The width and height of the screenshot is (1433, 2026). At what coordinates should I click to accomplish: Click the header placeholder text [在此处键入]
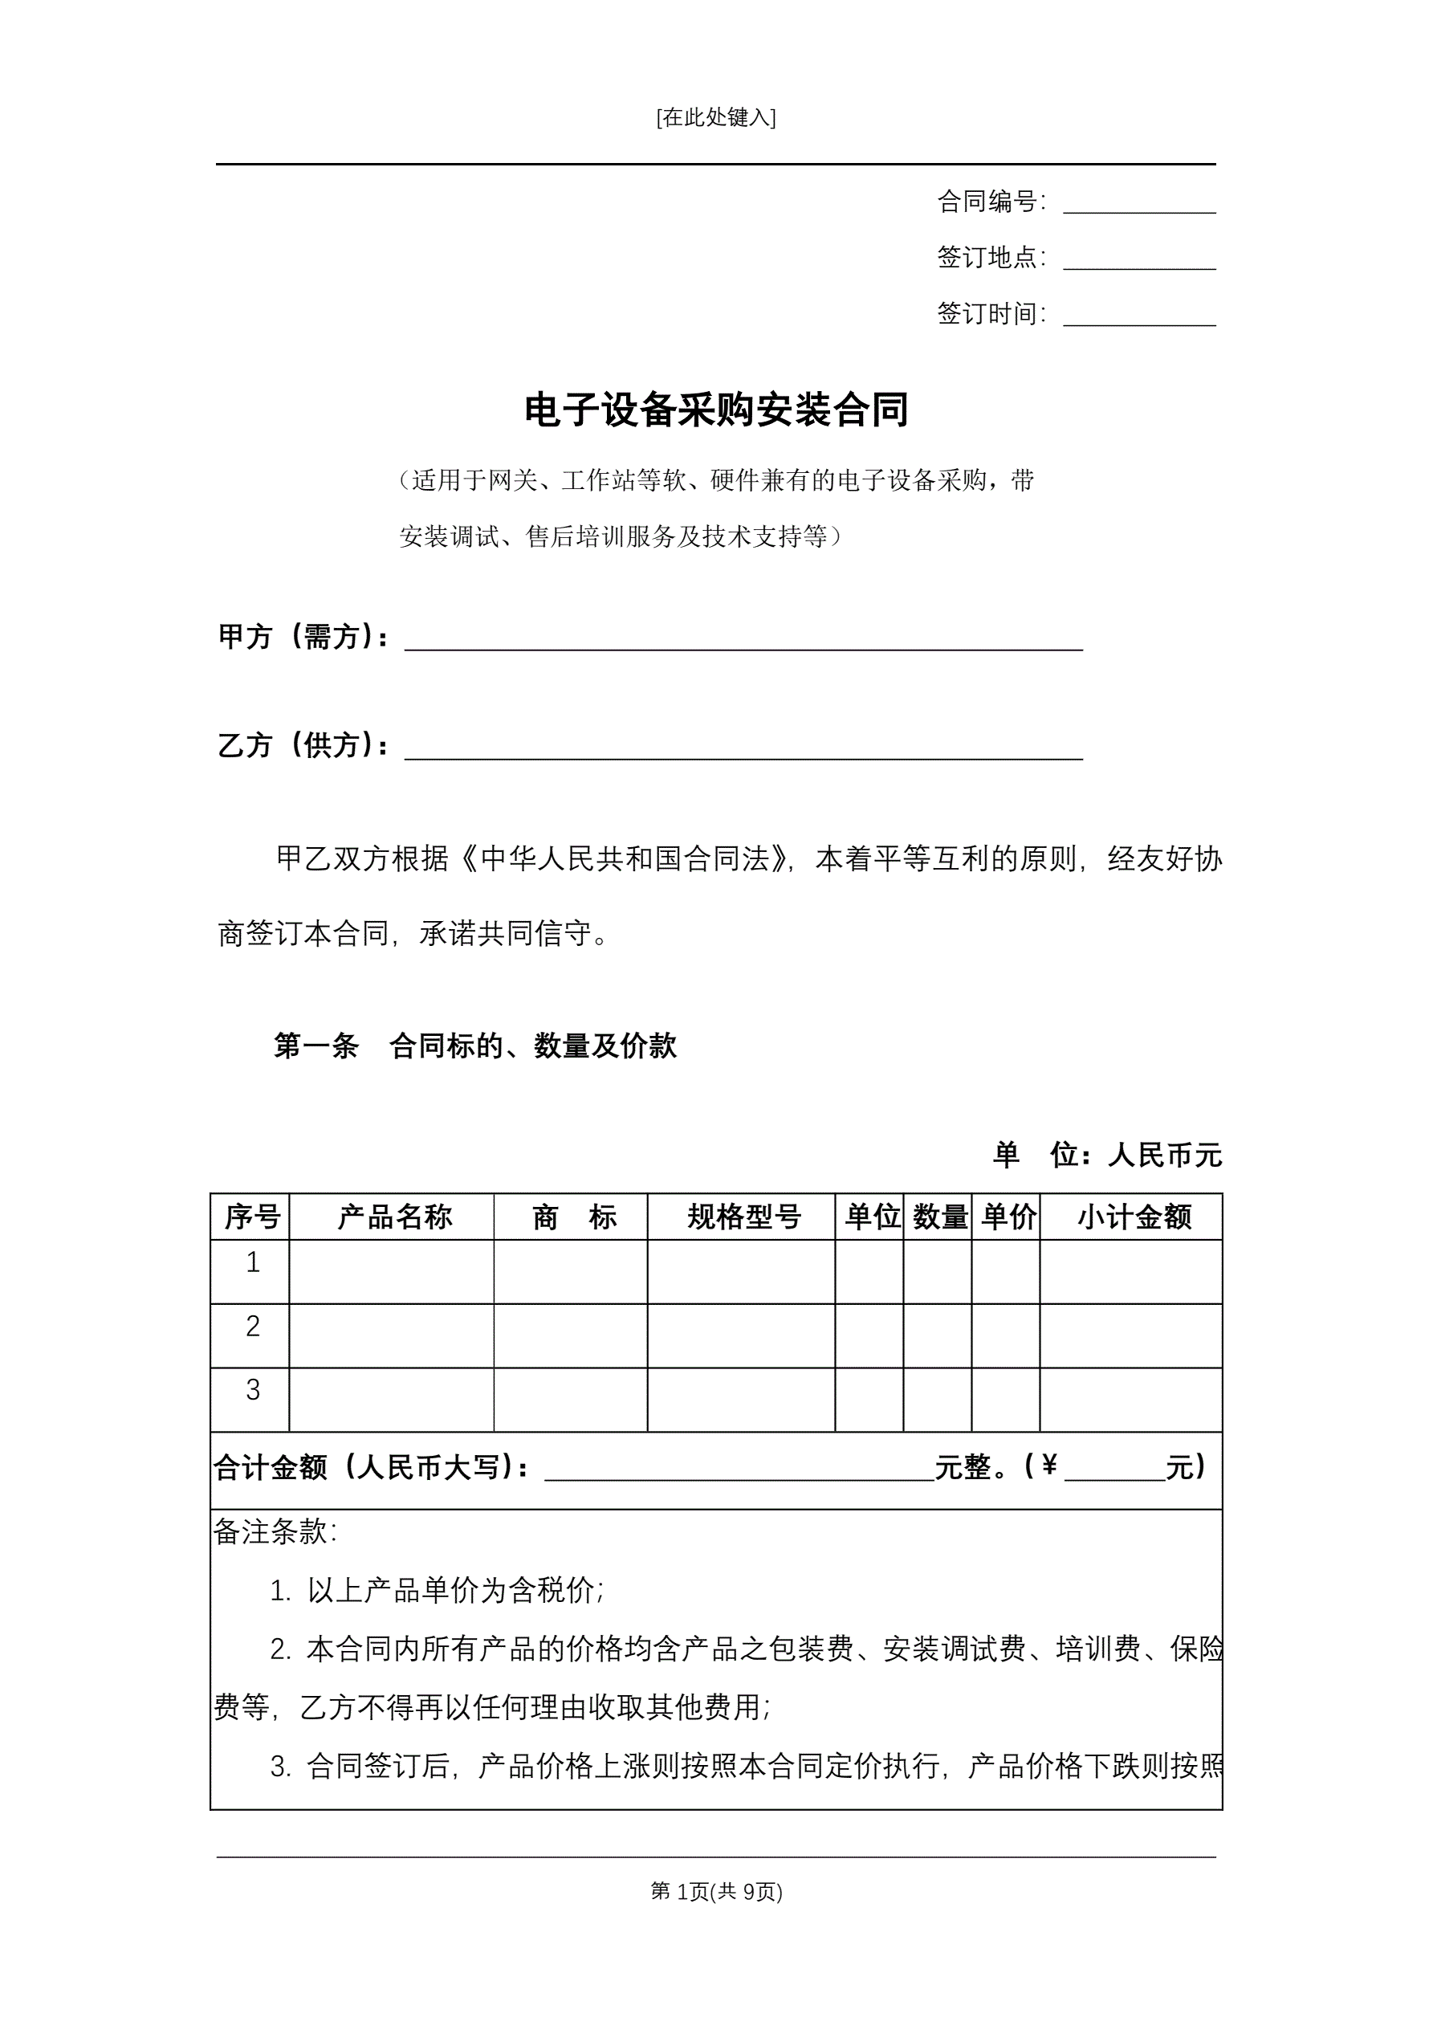(715, 117)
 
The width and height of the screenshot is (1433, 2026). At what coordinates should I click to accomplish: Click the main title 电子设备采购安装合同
(715, 410)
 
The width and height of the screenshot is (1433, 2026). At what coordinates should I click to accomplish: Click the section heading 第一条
(316, 1046)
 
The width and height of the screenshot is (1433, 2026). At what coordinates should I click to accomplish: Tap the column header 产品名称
(394, 1217)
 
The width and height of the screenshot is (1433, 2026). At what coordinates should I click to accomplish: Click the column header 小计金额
(1134, 1217)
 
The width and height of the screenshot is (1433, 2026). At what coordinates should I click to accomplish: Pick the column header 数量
(940, 1217)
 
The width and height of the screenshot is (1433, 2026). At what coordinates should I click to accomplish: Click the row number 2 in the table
(252, 1327)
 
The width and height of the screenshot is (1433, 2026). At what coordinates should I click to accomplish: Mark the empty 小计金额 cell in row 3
(1130, 1400)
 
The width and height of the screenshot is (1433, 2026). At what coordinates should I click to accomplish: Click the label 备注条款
(275, 1532)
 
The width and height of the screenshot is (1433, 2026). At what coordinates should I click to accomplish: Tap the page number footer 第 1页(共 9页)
(715, 1891)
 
